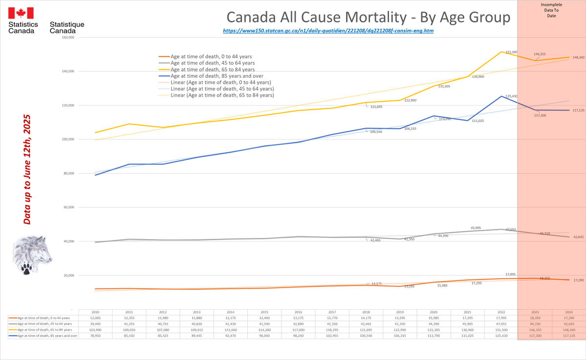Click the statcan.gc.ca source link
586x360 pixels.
tap(328, 30)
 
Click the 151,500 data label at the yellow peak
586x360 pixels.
tap(510, 52)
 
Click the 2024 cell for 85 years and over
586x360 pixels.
tap(568, 336)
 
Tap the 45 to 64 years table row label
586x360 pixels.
tap(44, 324)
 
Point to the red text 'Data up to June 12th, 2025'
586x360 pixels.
tap(27, 170)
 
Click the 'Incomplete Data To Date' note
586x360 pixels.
tap(551, 10)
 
